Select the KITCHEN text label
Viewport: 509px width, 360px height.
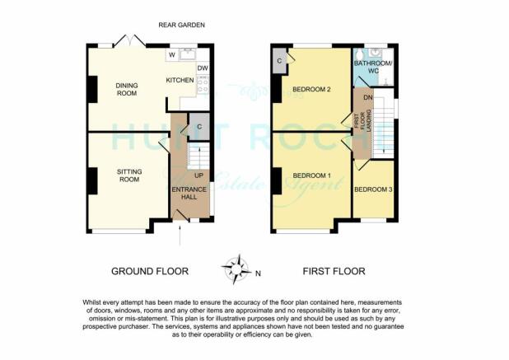[180, 80]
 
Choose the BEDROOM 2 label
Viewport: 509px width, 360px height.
[312, 89]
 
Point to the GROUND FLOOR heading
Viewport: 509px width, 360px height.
[150, 271]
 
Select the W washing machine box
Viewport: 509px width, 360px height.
[173, 55]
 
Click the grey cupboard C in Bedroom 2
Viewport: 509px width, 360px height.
[281, 61]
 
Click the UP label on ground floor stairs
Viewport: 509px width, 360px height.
[198, 175]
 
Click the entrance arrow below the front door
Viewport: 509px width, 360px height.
[180, 236]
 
